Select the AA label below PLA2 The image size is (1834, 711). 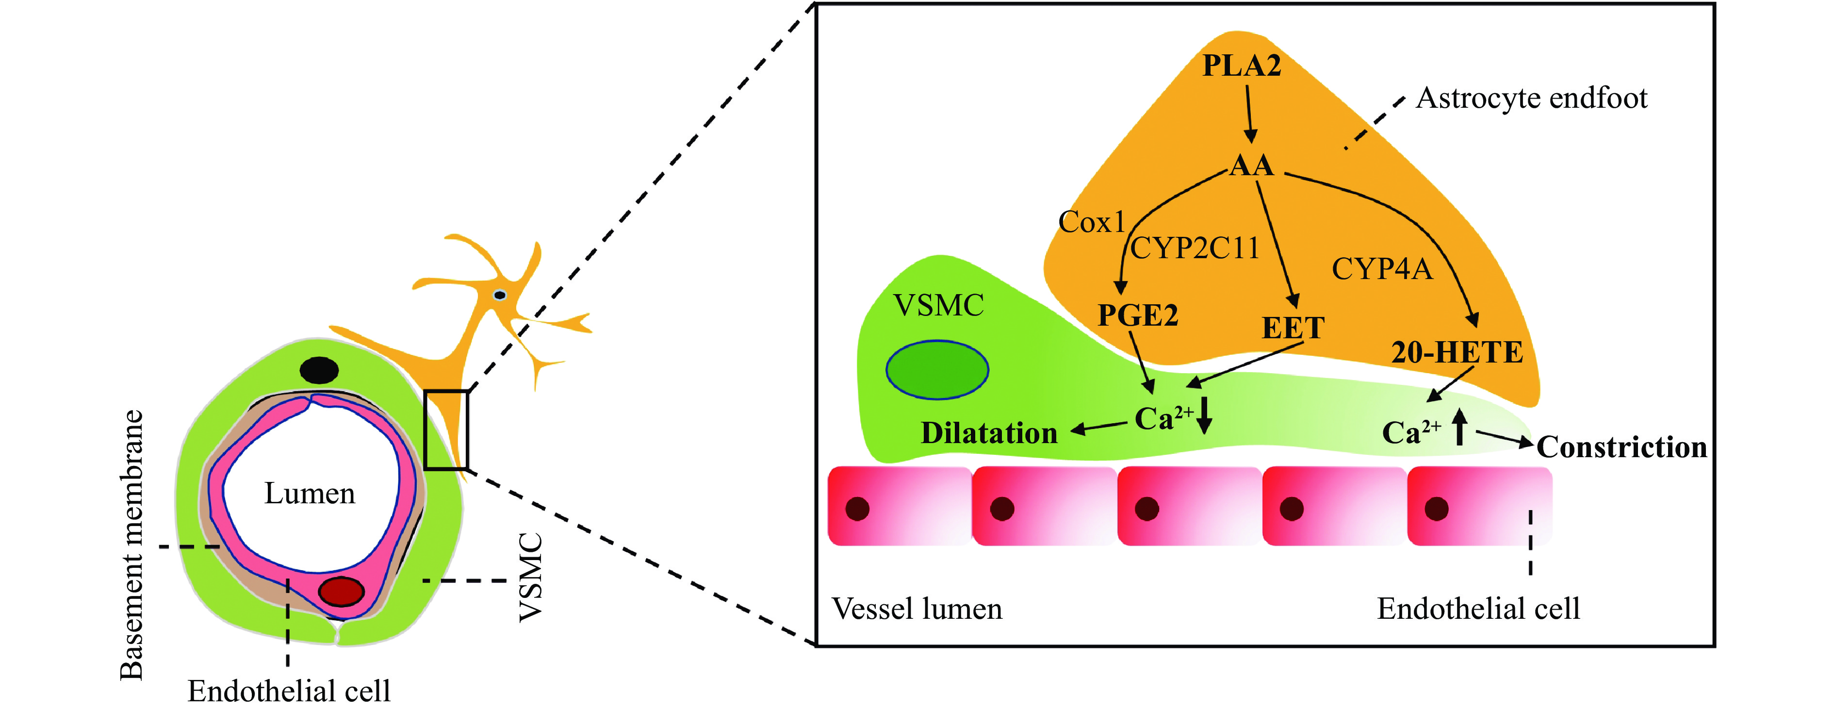pyautogui.click(x=1252, y=166)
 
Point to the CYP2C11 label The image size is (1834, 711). pyautogui.click(x=1195, y=248)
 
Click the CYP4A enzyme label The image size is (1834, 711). pyautogui.click(x=1381, y=269)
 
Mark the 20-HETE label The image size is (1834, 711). pyautogui.click(x=1457, y=353)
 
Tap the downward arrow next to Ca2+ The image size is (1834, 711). pyautogui.click(x=1204, y=416)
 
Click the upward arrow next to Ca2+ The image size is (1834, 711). pyautogui.click(x=1459, y=428)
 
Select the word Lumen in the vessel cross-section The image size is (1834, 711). pyautogui.click(x=309, y=494)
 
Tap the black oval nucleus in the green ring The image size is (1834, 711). pyautogui.click(x=319, y=370)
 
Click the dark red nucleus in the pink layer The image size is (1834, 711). pyautogui.click(x=341, y=591)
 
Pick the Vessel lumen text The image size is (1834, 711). pyautogui.click(x=917, y=609)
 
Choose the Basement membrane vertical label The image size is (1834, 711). pyautogui.click(x=131, y=545)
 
